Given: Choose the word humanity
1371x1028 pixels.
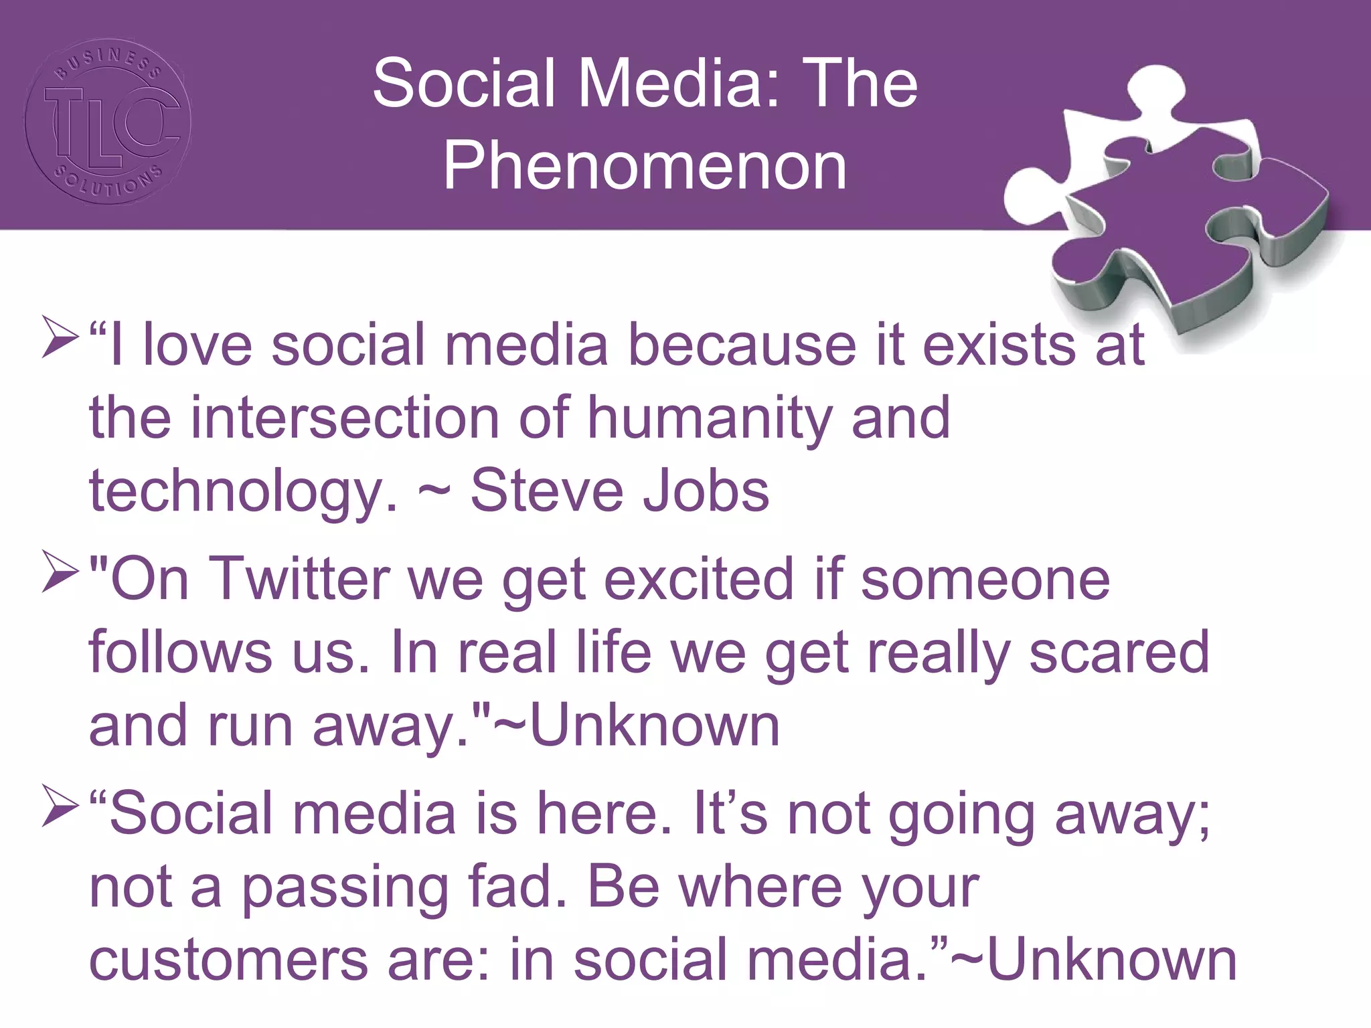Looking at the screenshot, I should pos(710,418).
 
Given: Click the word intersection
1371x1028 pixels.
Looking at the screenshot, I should pos(345,418).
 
